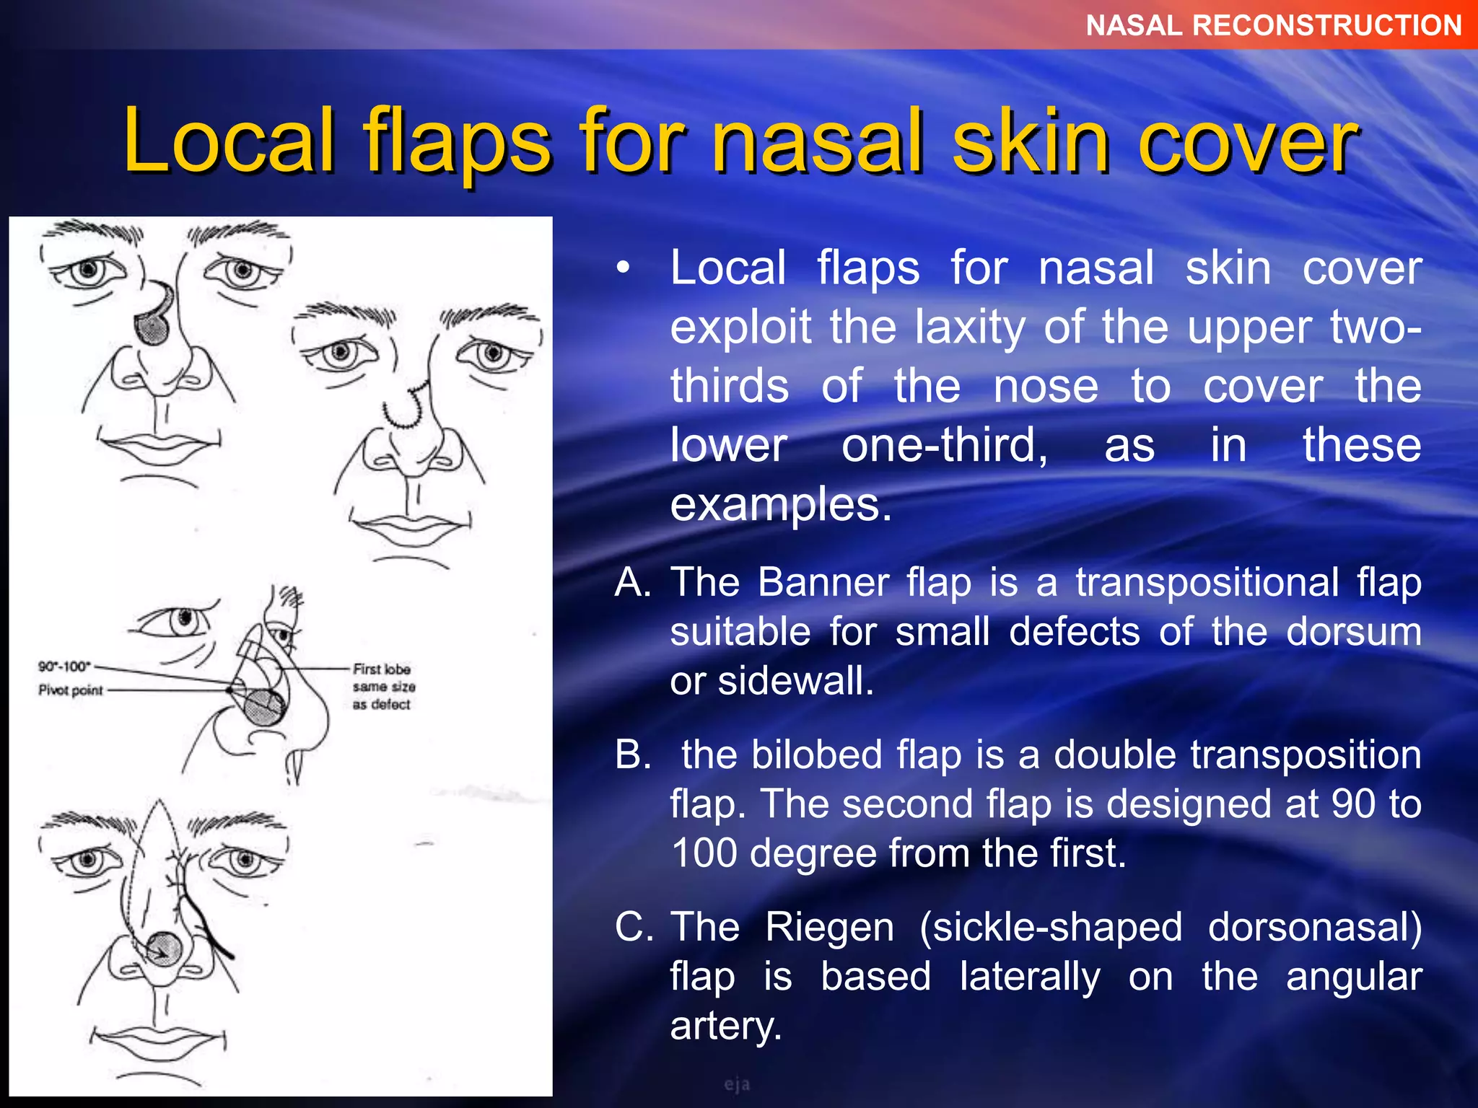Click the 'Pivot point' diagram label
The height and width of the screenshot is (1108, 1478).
pos(71,690)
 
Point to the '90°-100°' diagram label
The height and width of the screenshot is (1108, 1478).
pos(64,666)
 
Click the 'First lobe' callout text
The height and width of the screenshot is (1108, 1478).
pos(382,669)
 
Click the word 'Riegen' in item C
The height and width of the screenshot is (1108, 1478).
pos(829,927)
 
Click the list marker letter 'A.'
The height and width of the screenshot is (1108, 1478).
pos(633,582)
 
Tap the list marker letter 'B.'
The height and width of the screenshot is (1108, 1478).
pos(633,755)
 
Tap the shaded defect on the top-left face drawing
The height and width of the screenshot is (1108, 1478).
pos(152,328)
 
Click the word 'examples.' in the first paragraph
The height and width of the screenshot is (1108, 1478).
pos(781,504)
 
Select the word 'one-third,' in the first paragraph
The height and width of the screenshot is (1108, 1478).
pos(945,445)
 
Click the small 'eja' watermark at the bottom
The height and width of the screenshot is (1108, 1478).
pos(737,1084)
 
